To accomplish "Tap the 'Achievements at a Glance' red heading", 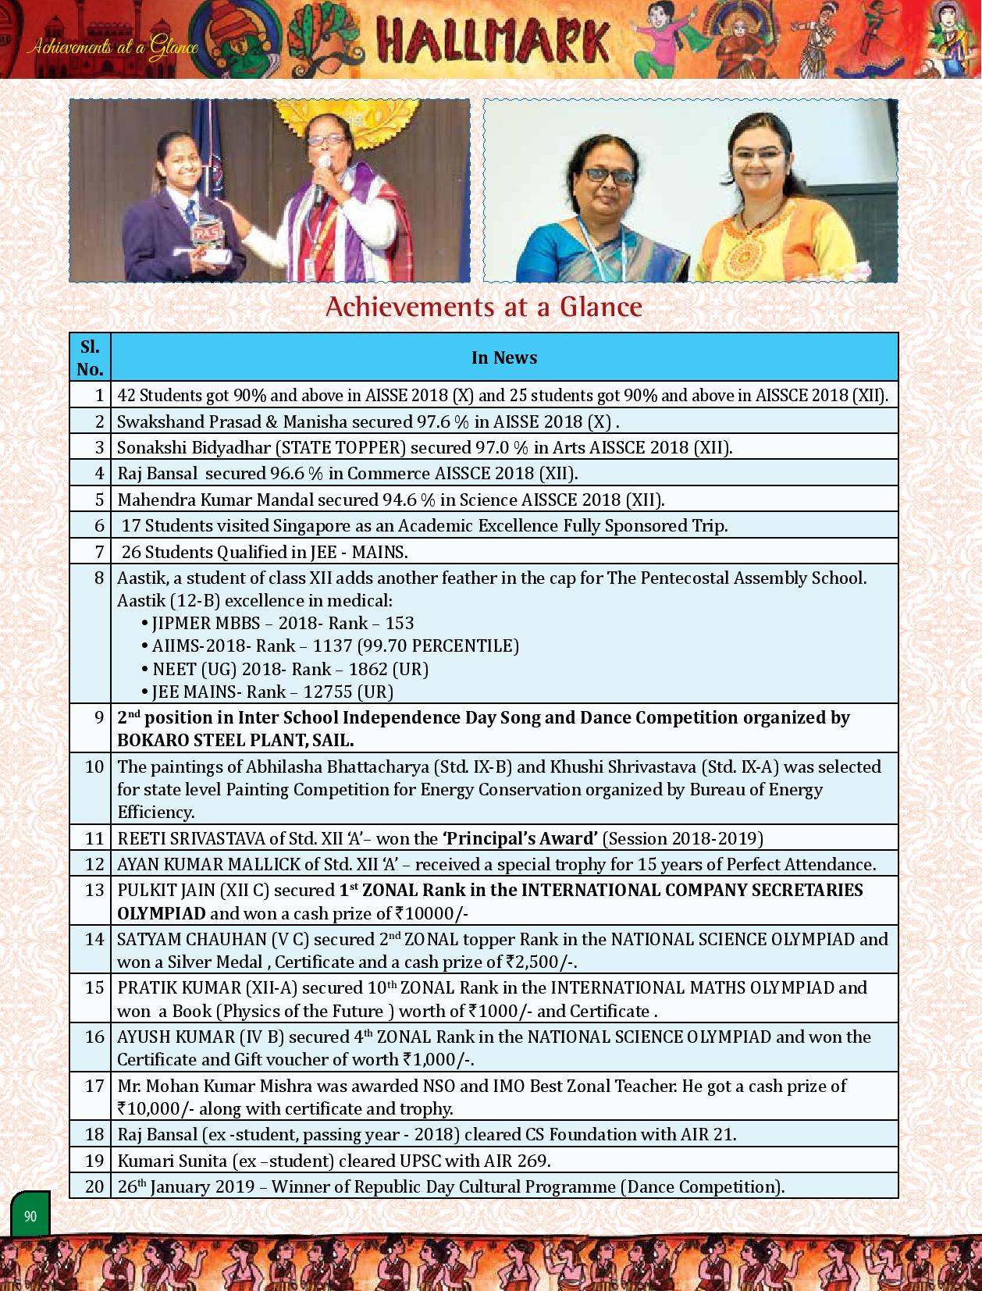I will pos(483,307).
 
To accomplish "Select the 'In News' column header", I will pos(503,357).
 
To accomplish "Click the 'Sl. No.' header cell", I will pos(90,357).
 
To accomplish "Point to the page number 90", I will pos(30,1216).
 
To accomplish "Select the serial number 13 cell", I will pos(94,891).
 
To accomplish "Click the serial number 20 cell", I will pos(94,1186).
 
